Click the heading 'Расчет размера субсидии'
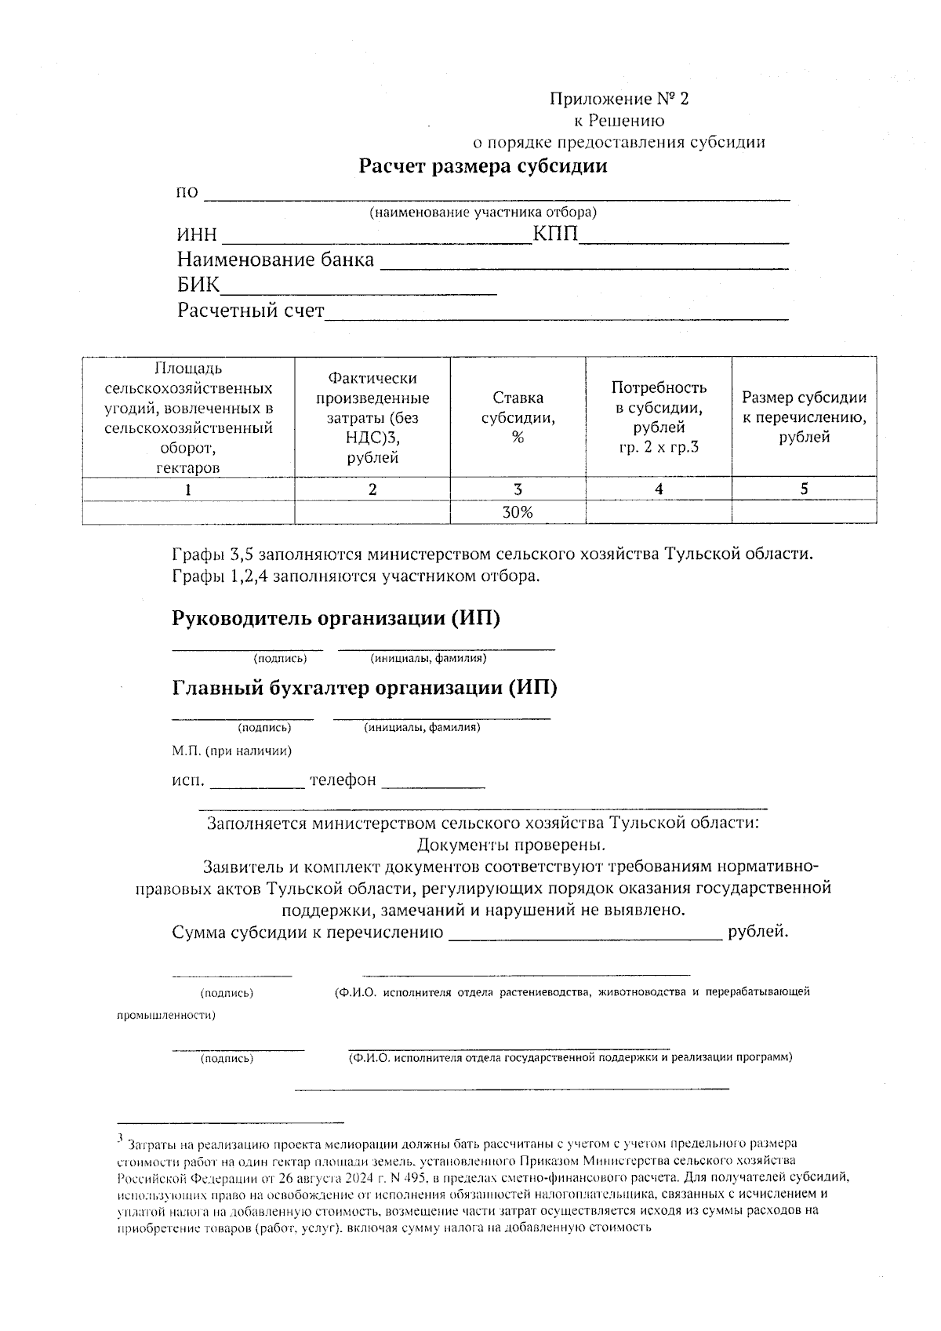pyautogui.click(x=483, y=166)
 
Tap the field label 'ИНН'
pyautogui.click(x=197, y=235)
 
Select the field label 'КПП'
pyautogui.click(x=555, y=234)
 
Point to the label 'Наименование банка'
pyautogui.click(x=275, y=260)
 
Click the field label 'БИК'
pyautogui.click(x=198, y=285)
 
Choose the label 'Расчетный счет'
pyautogui.click(x=250, y=311)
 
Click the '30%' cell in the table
pyautogui.click(x=518, y=512)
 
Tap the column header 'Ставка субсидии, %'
pyautogui.click(x=518, y=417)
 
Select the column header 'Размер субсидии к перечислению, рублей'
pyautogui.click(x=804, y=417)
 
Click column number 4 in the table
pyautogui.click(x=659, y=489)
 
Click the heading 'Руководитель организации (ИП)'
pyautogui.click(x=336, y=618)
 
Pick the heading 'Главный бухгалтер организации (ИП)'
pyautogui.click(x=364, y=688)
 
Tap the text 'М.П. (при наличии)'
pyautogui.click(x=232, y=751)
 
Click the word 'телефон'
pyautogui.click(x=343, y=780)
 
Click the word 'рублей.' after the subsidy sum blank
pyautogui.click(x=758, y=932)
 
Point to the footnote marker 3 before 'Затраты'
pyautogui.click(x=120, y=1137)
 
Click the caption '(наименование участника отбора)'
pyautogui.click(x=483, y=213)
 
